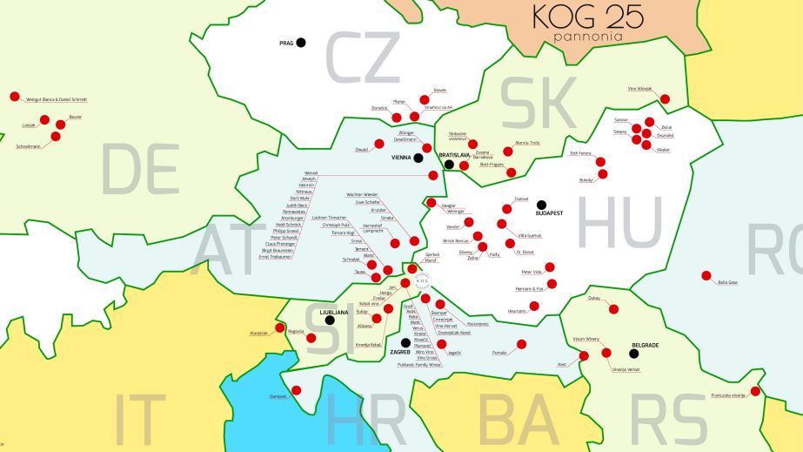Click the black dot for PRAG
301,42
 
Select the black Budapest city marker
541,205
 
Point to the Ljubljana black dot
330,320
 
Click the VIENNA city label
401,159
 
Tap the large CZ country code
362,57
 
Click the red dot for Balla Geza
706,275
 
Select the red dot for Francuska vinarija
755,391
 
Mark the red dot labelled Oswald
378,144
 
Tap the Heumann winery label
516,310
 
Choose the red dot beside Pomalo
521,344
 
